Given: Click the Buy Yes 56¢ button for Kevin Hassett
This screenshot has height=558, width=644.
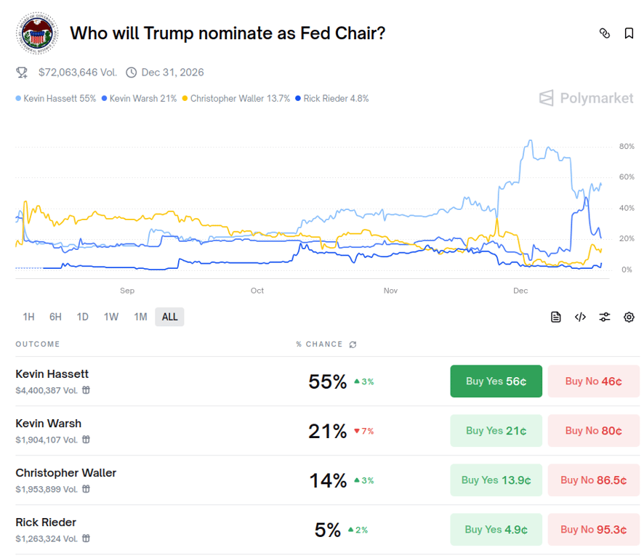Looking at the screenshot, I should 496,381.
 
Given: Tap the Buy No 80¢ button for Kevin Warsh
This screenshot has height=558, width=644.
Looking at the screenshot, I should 593,431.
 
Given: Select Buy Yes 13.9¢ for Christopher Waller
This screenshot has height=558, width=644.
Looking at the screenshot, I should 496,480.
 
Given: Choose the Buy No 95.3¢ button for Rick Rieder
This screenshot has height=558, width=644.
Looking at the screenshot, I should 593,530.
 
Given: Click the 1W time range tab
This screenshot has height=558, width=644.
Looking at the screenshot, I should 110,317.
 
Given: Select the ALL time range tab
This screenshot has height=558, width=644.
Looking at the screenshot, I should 169,317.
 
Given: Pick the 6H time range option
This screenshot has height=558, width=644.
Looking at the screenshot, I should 55,317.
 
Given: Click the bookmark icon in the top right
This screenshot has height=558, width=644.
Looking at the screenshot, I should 629,33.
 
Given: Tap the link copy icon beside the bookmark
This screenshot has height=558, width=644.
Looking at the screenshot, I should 604,33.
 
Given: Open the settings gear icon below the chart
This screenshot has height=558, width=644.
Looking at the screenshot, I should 629,317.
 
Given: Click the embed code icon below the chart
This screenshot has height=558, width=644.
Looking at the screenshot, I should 580,317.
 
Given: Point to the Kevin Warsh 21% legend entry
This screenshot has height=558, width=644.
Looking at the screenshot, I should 140,98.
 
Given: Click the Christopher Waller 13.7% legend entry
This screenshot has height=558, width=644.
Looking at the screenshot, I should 236,98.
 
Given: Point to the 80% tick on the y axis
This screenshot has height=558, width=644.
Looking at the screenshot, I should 626,147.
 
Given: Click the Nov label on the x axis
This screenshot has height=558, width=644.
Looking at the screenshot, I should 390,291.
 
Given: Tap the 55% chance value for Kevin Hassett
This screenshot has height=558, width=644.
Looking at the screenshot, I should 327,381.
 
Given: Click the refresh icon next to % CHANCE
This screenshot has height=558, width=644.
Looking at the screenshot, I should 353,344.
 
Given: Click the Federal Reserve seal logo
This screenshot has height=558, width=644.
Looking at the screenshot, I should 38,33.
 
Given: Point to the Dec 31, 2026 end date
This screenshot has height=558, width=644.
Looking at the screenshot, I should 172,73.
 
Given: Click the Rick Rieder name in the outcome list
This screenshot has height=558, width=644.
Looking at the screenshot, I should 46,522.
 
